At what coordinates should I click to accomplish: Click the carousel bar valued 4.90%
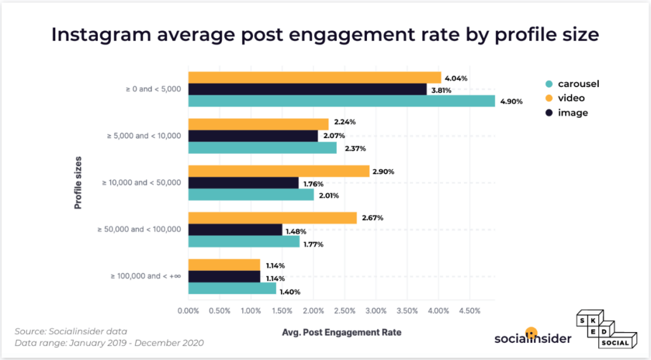pyautogui.click(x=341, y=101)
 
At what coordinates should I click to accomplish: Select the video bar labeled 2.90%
pyautogui.click(x=278, y=171)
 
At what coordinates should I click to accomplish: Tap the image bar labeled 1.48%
pyautogui.click(x=235, y=230)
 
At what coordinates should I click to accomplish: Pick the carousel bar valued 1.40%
pyautogui.click(x=232, y=289)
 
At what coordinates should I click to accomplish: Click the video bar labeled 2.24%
pyautogui.click(x=258, y=124)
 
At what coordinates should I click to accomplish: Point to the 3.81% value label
pyautogui.click(x=441, y=90)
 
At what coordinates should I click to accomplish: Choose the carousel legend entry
pyautogui.click(x=572, y=83)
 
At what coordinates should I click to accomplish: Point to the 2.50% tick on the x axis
pyautogui.click(x=345, y=311)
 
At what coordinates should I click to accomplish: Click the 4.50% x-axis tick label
pyautogui.click(x=469, y=311)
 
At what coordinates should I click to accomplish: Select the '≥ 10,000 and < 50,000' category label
pyautogui.click(x=142, y=183)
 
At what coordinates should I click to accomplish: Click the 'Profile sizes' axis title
pyautogui.click(x=78, y=182)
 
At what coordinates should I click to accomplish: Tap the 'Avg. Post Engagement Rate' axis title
pyautogui.click(x=341, y=332)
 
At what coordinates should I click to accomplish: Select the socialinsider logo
pyautogui.click(x=533, y=337)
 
